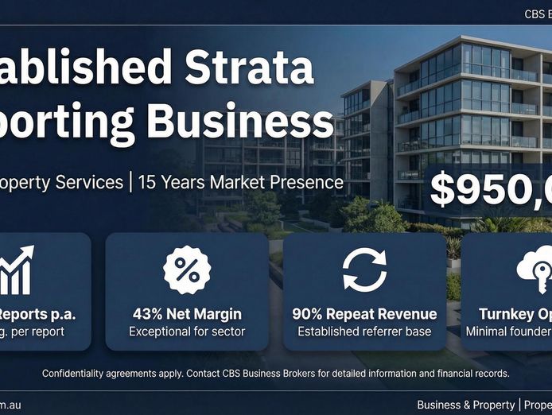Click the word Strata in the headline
click(250, 68)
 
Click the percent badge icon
click(187, 269)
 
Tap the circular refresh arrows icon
click(364, 269)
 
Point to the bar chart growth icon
click(17, 269)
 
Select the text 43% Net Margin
click(187, 314)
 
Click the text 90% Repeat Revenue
click(364, 314)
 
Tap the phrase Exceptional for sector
click(187, 331)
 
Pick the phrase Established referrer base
click(364, 331)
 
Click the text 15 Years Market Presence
click(240, 182)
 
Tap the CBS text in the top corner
click(535, 14)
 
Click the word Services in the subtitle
click(87, 182)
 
